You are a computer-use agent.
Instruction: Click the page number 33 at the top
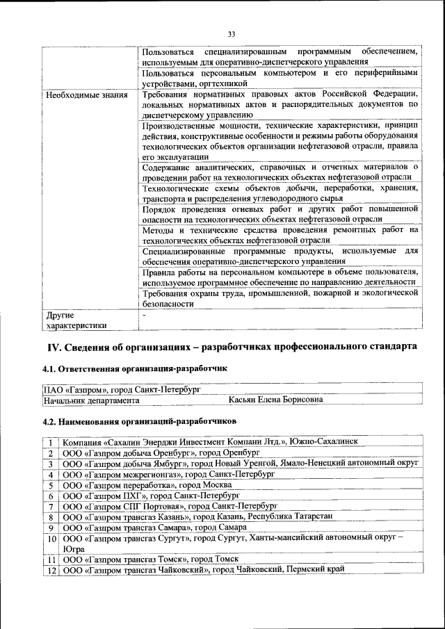(x=232, y=33)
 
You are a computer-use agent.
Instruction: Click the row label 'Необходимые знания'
(x=86, y=95)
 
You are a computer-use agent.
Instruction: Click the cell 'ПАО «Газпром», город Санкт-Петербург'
(x=122, y=389)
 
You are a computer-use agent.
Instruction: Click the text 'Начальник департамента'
(x=91, y=400)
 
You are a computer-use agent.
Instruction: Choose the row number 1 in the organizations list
(x=51, y=443)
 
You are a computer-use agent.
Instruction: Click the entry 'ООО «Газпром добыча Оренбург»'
(x=130, y=452)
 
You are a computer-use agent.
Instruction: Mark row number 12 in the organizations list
(x=51, y=570)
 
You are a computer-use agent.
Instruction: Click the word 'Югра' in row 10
(x=74, y=548)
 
